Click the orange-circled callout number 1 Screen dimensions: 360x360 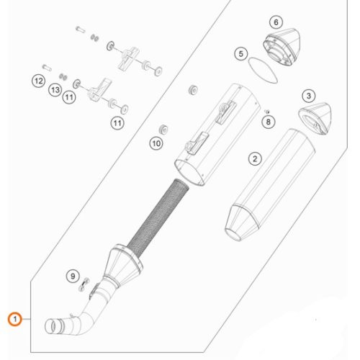tap(15, 319)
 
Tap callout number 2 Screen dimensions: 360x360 tap(255, 158)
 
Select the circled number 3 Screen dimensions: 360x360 tap(309, 96)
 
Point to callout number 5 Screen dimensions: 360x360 tap(241, 54)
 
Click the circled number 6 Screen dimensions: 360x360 tap(276, 22)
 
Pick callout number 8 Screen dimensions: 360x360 tap(268, 122)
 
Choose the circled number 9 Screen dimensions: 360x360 tap(73, 276)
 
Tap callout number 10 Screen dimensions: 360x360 tap(156, 143)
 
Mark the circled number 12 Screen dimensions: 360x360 tap(39, 81)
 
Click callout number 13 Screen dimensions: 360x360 tap(55, 90)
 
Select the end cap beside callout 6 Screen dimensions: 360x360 tap(282, 47)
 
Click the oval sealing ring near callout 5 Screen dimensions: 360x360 tap(263, 70)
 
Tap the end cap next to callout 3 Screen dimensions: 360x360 tap(315, 118)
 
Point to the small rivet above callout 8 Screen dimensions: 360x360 tap(266, 111)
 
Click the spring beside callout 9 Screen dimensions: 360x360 tap(84, 284)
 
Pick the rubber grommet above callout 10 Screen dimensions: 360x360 tap(193, 89)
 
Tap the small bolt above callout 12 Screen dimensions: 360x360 tap(47, 68)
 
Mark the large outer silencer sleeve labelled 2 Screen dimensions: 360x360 tap(270, 185)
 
